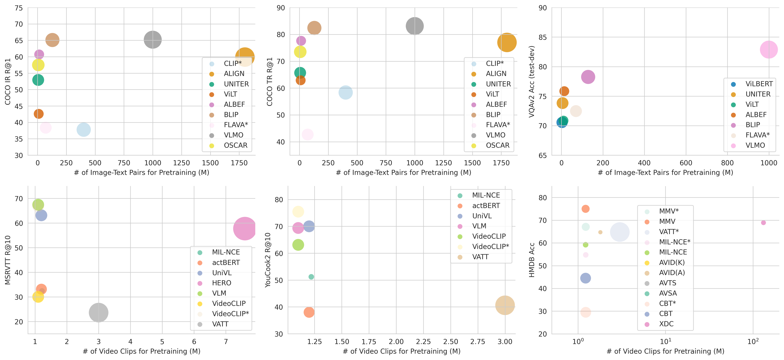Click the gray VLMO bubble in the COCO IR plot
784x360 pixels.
click(x=153, y=40)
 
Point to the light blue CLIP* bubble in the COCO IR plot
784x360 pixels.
click(x=83, y=130)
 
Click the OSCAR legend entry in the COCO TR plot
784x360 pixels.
click(x=497, y=145)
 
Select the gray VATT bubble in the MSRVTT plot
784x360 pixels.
click(x=98, y=313)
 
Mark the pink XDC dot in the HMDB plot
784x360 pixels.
click(x=763, y=223)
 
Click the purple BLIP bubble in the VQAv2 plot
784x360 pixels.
click(x=588, y=77)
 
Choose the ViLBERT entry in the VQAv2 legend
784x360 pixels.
click(x=759, y=84)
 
